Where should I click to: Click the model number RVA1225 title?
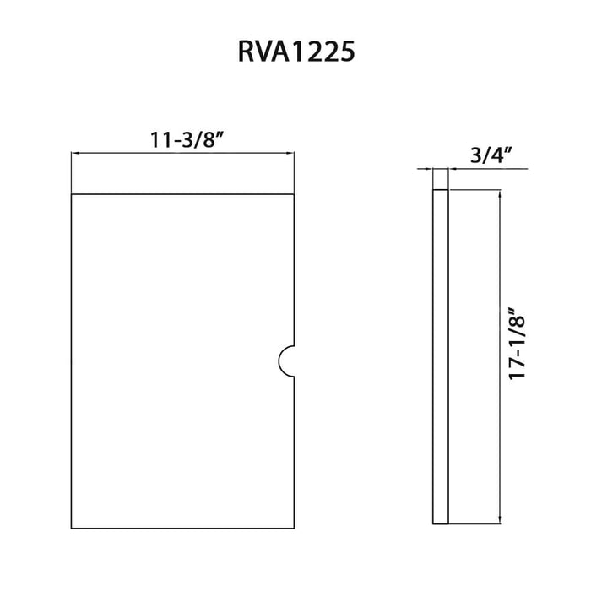pos(295,52)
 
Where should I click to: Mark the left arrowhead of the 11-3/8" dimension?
pos(76,154)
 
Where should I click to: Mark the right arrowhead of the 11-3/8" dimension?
pos(292,154)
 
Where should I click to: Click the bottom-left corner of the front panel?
pos(72,529)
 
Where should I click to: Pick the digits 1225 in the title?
pos(325,52)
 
